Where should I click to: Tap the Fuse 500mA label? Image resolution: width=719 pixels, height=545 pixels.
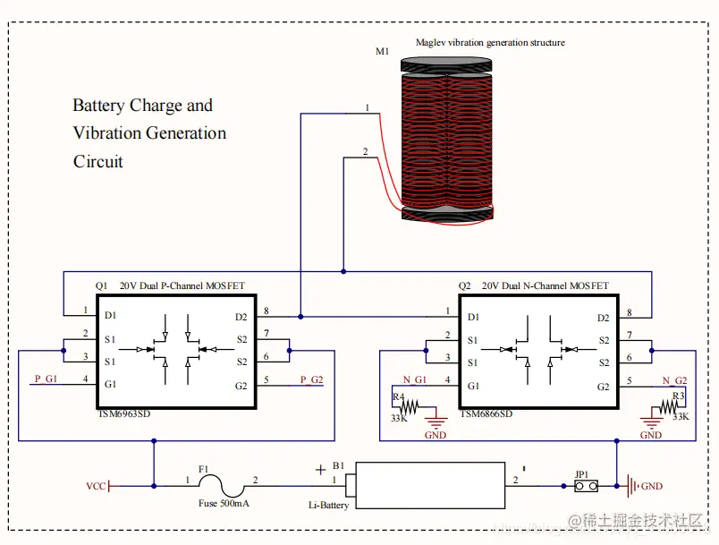(224, 504)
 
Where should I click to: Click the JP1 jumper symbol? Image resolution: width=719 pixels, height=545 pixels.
(587, 487)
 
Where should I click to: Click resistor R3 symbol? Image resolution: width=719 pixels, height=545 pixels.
(669, 408)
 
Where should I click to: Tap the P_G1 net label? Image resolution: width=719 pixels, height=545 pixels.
(47, 379)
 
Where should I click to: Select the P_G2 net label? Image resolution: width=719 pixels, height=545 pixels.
(311, 379)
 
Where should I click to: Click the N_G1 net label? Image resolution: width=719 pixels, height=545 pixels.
(415, 379)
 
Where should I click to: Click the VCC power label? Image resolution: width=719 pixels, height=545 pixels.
(96, 487)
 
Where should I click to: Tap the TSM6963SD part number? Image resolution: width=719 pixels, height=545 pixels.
(125, 413)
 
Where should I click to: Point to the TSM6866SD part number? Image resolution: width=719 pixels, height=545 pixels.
(486, 413)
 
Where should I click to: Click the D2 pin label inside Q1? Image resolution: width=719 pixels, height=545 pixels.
(241, 316)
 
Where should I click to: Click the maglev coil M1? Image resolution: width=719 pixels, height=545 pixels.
(446, 139)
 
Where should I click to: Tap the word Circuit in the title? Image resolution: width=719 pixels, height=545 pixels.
(98, 162)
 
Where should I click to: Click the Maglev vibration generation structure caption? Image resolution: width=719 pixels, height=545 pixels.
(490, 42)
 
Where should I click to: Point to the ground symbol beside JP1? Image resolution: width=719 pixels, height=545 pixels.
(632, 487)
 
